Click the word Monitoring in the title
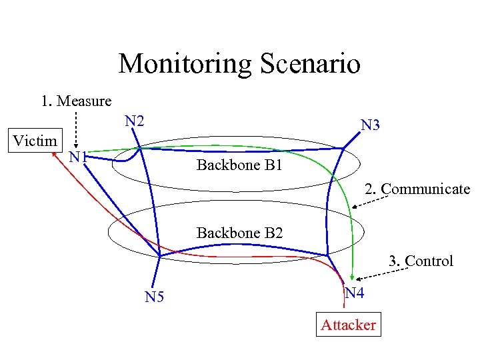point(185,64)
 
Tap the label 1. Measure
point(75,101)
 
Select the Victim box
point(35,141)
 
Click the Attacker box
point(348,325)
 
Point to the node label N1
point(79,158)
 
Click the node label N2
point(135,121)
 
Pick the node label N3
point(370,125)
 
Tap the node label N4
point(354,293)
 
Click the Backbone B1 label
point(239,165)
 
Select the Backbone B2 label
point(239,233)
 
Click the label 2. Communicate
point(417,189)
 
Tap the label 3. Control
point(420,261)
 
